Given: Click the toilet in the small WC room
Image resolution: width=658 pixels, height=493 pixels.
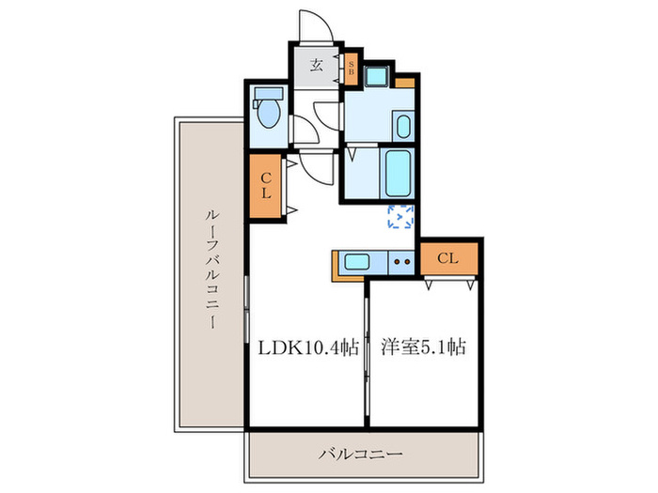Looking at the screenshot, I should coord(268,113).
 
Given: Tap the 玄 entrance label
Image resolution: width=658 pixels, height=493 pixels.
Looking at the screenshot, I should coord(317,65).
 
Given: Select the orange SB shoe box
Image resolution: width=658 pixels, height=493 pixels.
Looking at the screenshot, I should coord(351,68).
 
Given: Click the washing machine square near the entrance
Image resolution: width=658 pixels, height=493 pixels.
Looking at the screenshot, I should coord(378,76).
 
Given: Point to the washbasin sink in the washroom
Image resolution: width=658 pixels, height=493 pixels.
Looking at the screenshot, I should coord(402,126).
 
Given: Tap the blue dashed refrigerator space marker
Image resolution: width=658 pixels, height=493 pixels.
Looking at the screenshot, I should coord(401,217).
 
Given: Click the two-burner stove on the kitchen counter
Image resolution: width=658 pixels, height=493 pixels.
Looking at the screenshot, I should coord(402,262).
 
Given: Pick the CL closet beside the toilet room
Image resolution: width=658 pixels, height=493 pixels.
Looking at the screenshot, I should coord(266,187).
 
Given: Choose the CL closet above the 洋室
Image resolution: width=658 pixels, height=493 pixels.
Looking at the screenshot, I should coord(448,257).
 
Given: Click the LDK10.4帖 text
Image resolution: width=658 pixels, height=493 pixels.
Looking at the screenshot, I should coord(308,347).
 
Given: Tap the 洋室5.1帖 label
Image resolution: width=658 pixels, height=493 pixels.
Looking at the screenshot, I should coord(424,347).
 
